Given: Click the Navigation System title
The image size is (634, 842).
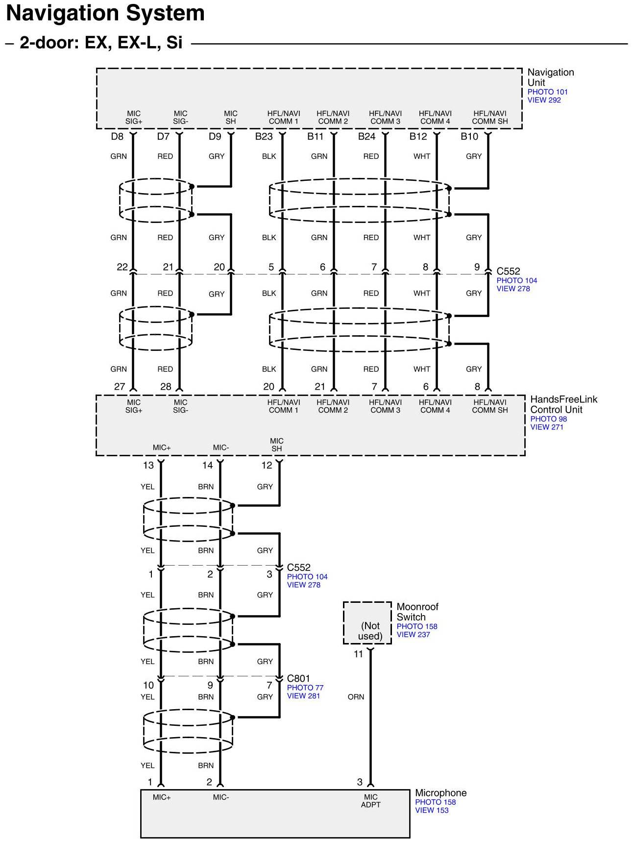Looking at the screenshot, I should tap(105, 14).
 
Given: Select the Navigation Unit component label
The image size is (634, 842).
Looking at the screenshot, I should tap(550, 77).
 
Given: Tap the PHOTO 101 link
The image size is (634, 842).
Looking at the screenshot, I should tap(547, 92).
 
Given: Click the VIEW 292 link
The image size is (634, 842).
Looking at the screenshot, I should tap(544, 100).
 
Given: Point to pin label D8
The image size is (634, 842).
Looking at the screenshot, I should tap(117, 137).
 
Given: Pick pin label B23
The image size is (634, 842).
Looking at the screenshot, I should tap(264, 137).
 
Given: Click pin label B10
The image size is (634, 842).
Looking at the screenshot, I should tap(469, 137).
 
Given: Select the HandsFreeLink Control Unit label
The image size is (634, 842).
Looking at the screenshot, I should tap(563, 404).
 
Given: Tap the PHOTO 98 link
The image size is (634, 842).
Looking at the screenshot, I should tap(548, 419).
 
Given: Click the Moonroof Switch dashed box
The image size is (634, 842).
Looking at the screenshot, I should tap(367, 623).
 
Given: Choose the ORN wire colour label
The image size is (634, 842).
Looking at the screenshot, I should tap(356, 697).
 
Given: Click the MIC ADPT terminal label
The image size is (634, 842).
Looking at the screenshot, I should tap(370, 801).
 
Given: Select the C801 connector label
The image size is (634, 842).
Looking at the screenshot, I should tap(298, 679).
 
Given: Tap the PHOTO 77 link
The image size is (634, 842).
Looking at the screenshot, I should tap(305, 688).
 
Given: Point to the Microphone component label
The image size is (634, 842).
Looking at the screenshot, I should tap(440, 793).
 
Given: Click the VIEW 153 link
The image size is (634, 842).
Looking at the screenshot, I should tap(432, 811).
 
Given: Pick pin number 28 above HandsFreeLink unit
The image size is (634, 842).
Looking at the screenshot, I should tap(166, 387).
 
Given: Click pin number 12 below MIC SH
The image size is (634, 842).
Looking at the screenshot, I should tap(267, 466).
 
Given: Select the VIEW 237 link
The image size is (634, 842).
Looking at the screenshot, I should tap(413, 635).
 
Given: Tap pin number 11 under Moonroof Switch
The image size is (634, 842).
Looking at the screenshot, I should tap(359, 654).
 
